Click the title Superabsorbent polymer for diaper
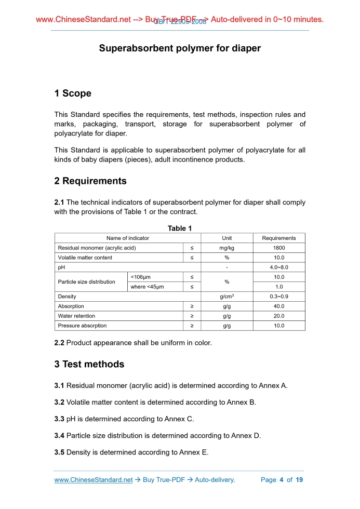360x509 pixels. pyautogui.click(x=180, y=48)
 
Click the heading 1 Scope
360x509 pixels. pyautogui.click(x=73, y=93)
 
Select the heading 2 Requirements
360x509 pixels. pyautogui.click(x=90, y=181)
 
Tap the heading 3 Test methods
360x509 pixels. pyautogui.click(x=89, y=364)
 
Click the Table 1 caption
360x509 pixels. pyautogui.click(x=180, y=229)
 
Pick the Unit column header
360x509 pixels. pyautogui.click(x=227, y=238)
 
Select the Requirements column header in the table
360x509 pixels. pyautogui.click(x=279, y=238)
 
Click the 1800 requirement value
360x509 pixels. pyautogui.click(x=279, y=248)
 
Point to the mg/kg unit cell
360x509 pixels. pyautogui.click(x=227, y=248)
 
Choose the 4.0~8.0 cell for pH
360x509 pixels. pyautogui.click(x=279, y=267)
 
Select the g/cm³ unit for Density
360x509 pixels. pyautogui.click(x=227, y=297)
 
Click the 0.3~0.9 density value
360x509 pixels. pyautogui.click(x=279, y=297)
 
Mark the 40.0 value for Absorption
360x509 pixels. pyautogui.click(x=279, y=306)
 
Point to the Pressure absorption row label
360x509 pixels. pyautogui.click(x=82, y=326)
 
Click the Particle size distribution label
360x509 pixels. pyautogui.click(x=87, y=282)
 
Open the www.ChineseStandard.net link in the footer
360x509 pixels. pyautogui.click(x=94, y=480)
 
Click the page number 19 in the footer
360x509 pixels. pyautogui.click(x=299, y=480)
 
